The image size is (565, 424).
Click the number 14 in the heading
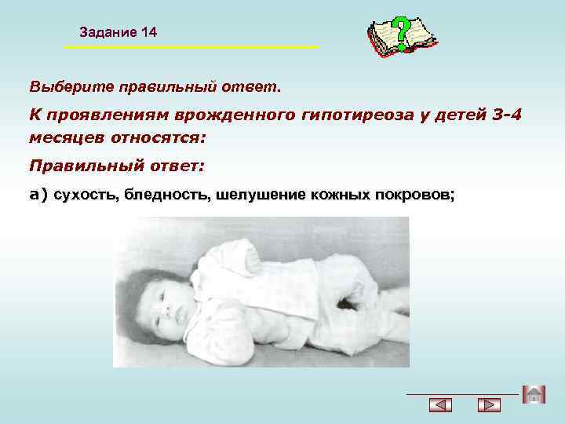tap(148, 32)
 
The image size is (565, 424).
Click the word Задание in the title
tap(108, 32)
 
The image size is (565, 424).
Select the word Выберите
tap(64, 84)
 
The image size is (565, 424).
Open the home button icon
tap(533, 395)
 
